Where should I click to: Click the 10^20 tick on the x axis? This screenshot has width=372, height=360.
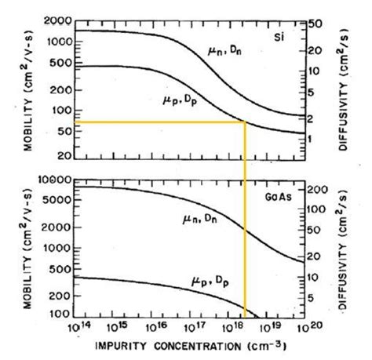(x=301, y=325)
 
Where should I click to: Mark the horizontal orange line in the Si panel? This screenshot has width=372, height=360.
(x=157, y=122)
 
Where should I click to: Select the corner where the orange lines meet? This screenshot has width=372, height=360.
(x=246, y=122)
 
